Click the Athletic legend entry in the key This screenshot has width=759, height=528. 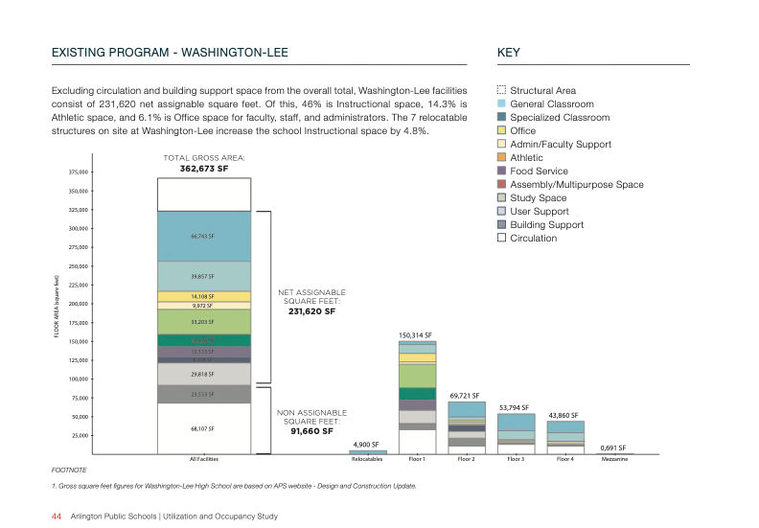[x=526, y=158]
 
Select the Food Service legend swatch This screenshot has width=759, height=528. [x=501, y=172]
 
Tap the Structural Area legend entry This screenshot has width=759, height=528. [x=542, y=91]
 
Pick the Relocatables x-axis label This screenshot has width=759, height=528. [x=367, y=460]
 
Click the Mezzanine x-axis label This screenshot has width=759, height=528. [x=614, y=460]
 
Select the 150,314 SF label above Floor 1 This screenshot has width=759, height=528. [x=417, y=335]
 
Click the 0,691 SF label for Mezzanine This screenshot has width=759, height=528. [x=613, y=448]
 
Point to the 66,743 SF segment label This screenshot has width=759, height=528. [x=202, y=236]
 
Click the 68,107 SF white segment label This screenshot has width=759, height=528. [x=202, y=429]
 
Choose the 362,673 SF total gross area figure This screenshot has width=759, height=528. [x=204, y=169]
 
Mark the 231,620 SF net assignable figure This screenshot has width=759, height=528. [x=312, y=311]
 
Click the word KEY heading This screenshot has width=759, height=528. [x=509, y=52]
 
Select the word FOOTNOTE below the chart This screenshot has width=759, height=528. [x=68, y=471]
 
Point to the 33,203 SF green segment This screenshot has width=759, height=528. [x=202, y=322]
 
